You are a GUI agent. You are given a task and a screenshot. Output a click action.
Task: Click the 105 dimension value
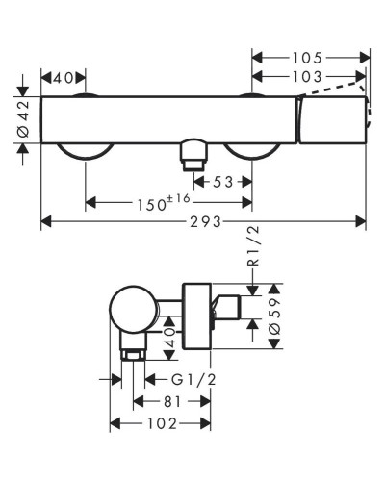point(310,57)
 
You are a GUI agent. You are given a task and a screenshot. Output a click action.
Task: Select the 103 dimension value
point(310,76)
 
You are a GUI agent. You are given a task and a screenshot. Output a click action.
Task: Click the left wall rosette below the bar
point(86,153)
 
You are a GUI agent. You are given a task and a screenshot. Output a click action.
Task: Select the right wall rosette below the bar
point(251,153)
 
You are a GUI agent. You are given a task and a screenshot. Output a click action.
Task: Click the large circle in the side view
point(132,313)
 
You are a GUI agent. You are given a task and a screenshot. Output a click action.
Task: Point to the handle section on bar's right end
point(332,120)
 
